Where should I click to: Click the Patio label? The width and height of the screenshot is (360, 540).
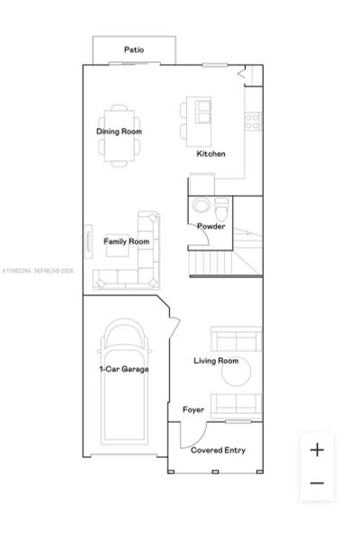[134, 50]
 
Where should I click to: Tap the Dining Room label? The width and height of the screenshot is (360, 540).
[119, 131]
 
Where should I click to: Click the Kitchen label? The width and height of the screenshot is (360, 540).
[211, 154]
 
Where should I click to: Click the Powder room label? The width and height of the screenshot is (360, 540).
[211, 226]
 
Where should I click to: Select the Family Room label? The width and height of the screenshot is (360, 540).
[126, 241]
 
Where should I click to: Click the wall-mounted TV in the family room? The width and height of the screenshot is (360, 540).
[88, 241]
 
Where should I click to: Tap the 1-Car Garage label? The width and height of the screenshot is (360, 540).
[124, 369]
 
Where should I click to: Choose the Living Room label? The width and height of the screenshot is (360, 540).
[216, 361]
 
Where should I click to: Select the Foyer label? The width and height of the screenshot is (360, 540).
[193, 409]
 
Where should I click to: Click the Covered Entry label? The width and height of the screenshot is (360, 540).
[218, 450]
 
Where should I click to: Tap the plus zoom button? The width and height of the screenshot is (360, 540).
[317, 450]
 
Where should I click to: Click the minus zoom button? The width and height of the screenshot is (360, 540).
[317, 483]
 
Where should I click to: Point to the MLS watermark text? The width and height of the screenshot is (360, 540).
[38, 269]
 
